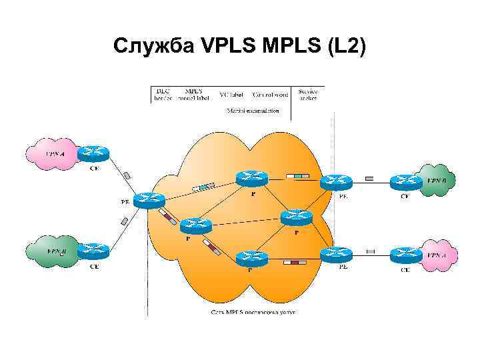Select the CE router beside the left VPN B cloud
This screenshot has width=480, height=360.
pos(93,251)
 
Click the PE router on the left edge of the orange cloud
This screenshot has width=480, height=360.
pos(149,199)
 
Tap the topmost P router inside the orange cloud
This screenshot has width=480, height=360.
pos(251,178)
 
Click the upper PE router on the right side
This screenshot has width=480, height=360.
pos(336,181)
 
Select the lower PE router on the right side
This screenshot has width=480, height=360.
pos(336,254)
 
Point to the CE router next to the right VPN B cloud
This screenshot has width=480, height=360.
pos(405,181)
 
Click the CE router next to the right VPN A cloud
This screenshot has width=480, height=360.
pos(405,254)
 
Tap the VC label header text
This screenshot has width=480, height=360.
pos(231,95)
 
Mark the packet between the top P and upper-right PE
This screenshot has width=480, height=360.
pos(298,176)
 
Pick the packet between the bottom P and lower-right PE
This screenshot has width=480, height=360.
pos(294,263)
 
